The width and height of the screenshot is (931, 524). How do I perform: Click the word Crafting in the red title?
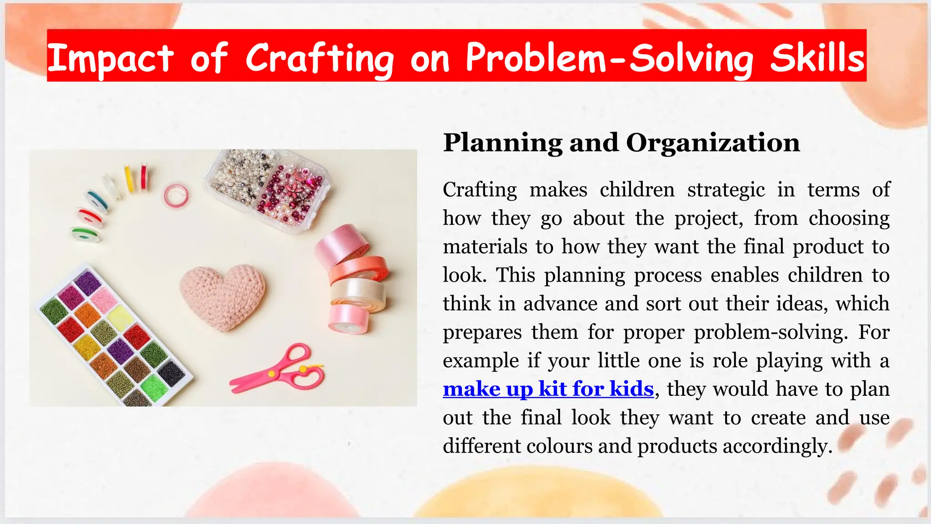[320, 58]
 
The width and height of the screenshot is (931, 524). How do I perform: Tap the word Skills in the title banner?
[817, 58]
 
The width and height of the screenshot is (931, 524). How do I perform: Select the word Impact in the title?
[110, 58]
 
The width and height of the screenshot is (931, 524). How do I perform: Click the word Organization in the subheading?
[712, 143]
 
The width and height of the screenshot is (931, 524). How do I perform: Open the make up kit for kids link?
[548, 389]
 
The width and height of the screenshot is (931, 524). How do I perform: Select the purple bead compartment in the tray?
[88, 282]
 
